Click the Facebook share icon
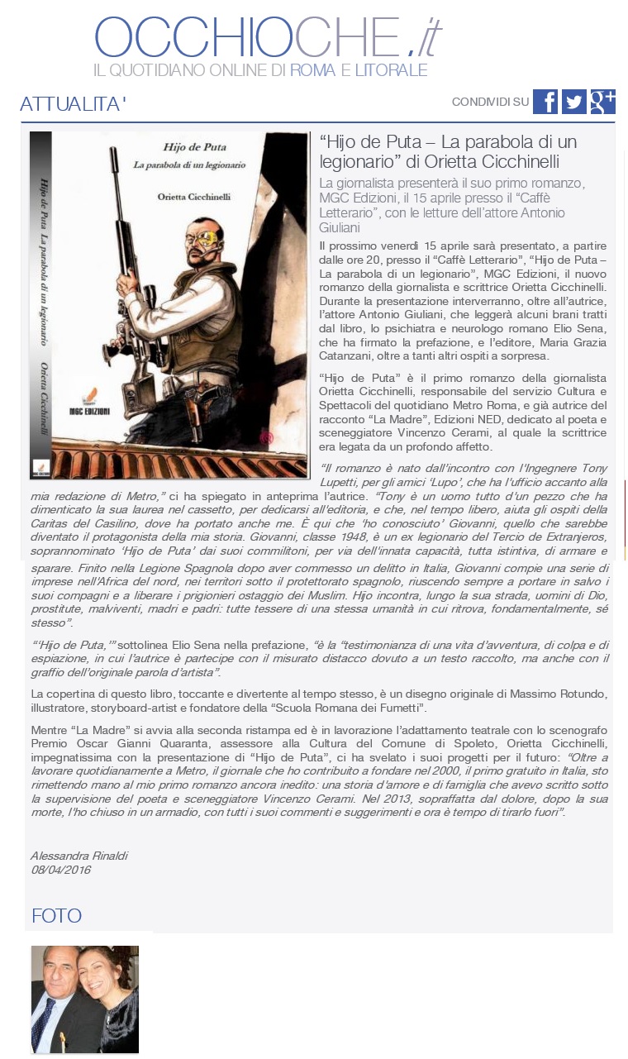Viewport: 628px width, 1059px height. point(545,102)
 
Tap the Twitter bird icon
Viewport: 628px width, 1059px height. point(573,102)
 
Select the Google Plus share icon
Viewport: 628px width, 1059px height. point(602,102)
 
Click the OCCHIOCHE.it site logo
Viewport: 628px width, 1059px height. point(268,36)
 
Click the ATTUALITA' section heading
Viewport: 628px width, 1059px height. point(73,104)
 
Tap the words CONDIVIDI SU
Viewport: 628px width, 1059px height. point(490,102)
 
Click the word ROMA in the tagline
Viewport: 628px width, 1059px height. point(312,70)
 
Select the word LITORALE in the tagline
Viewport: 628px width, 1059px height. point(391,70)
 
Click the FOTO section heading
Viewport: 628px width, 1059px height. point(56,915)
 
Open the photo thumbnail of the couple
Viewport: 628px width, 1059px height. point(84,999)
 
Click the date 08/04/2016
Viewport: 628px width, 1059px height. point(60,870)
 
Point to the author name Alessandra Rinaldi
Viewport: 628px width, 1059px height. point(79,856)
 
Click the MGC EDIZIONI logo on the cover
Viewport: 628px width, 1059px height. point(91,408)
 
